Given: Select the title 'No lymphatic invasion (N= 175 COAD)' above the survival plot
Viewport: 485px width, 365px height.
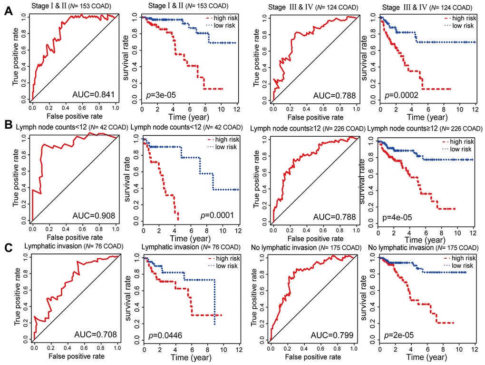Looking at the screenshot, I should pyautogui.click(x=425, y=247).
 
